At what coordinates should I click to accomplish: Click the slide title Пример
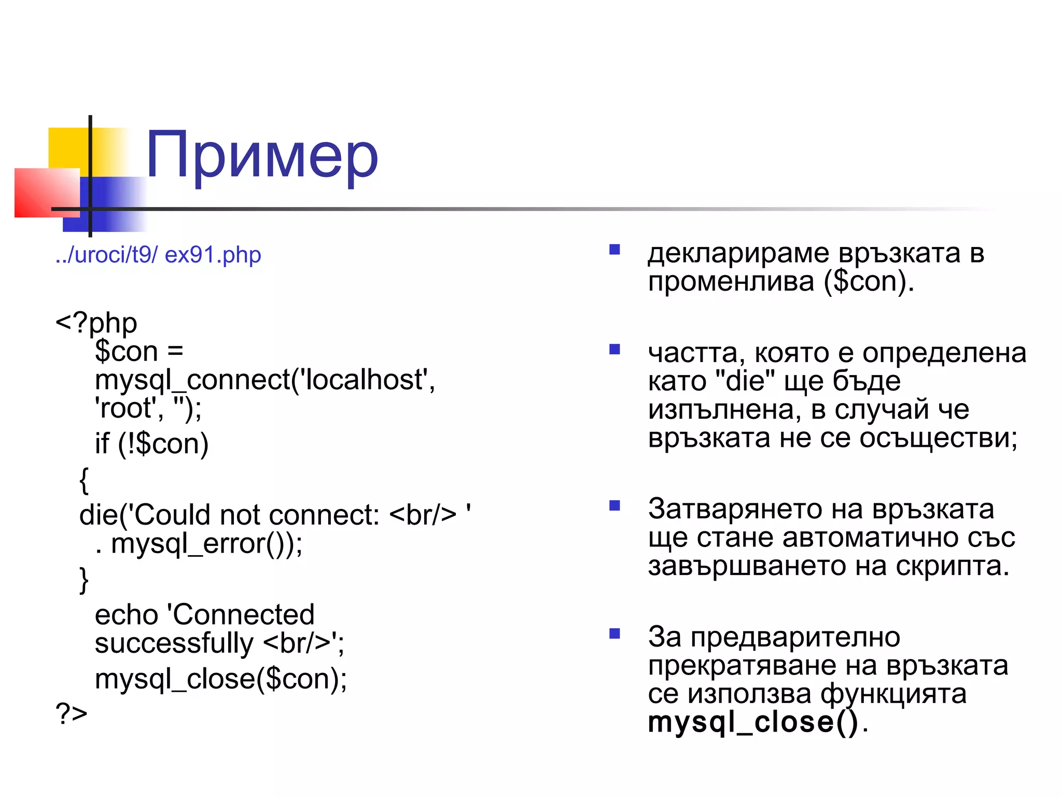pyautogui.click(x=262, y=156)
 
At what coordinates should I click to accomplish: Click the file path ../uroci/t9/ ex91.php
pyautogui.click(x=158, y=255)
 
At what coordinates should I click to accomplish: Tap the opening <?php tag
pyautogui.click(x=96, y=323)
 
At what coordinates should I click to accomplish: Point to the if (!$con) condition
pyautogui.click(x=151, y=444)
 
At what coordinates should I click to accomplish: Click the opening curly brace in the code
pyautogui.click(x=84, y=480)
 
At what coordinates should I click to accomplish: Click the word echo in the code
pyautogui.click(x=126, y=615)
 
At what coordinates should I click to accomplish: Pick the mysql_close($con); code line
pyautogui.click(x=221, y=679)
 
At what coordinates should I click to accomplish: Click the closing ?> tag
pyautogui.click(x=72, y=713)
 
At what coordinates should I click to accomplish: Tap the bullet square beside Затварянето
pyautogui.click(x=614, y=505)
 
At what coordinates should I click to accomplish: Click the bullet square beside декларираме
pyautogui.click(x=614, y=250)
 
